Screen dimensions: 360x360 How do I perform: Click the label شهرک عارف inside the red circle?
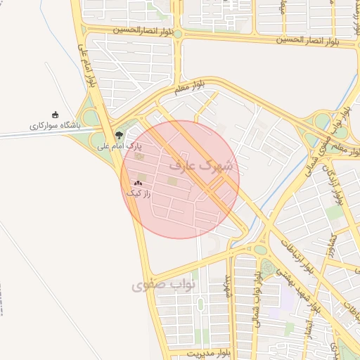201,166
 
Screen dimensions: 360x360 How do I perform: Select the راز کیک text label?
138,192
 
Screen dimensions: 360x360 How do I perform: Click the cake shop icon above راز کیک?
138,182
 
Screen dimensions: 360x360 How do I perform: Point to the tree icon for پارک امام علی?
118,135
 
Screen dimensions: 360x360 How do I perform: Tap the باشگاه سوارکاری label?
55,124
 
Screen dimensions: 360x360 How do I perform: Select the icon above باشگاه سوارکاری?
56,115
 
